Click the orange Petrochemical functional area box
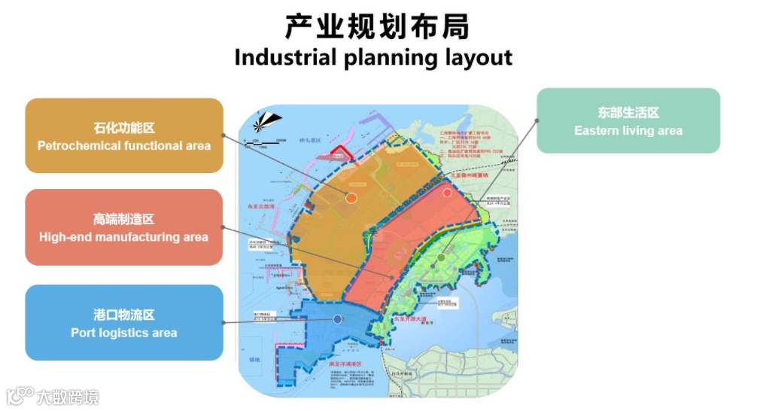(124, 135)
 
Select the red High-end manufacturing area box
(124, 227)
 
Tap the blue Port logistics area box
(124, 322)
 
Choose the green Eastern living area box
(628, 120)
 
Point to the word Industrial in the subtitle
(285, 58)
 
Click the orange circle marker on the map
(351, 198)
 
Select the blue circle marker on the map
(338, 319)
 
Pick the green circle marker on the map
(441, 258)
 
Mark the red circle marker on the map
(447, 193)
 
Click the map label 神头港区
(310, 141)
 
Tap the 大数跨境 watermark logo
(53, 396)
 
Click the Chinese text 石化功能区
(124, 128)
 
